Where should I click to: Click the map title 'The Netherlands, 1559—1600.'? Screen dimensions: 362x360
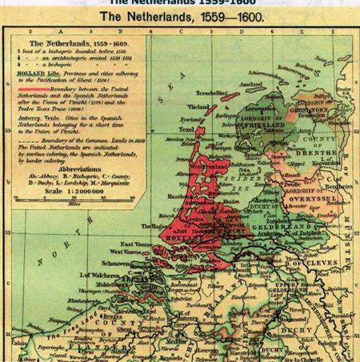coord(180,16)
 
